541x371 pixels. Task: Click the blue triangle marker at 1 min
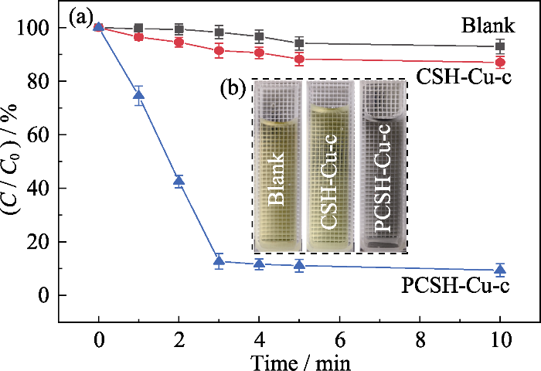tap(138, 96)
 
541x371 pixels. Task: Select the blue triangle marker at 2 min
tap(179, 182)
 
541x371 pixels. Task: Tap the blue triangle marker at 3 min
tap(219, 261)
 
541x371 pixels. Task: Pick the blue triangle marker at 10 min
tap(500, 270)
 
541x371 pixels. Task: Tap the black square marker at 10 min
tap(500, 46)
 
